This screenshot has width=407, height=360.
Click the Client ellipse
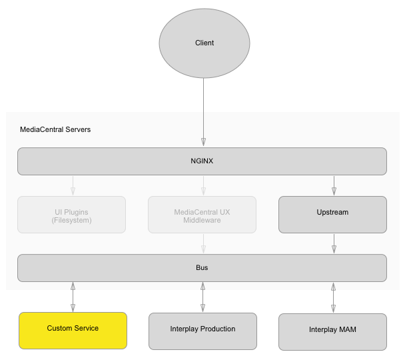click(204, 43)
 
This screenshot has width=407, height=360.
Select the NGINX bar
click(202, 161)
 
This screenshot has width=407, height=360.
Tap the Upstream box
click(332, 213)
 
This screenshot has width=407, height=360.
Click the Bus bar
click(202, 267)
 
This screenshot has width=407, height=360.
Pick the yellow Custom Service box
click(73, 329)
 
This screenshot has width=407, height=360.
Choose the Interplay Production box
click(202, 330)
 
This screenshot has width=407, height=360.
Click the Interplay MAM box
click(332, 331)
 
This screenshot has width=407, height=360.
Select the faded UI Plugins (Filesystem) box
click(73, 215)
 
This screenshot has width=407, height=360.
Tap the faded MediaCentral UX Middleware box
click(202, 215)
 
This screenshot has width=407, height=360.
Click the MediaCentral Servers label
click(55, 129)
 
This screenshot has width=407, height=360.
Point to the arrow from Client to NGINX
click(204, 110)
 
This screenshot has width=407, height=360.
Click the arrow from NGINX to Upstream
click(334, 185)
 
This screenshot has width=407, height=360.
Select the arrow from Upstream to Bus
click(334, 243)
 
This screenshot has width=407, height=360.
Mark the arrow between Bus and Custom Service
click(73, 297)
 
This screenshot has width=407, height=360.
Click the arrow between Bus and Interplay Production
click(202, 297)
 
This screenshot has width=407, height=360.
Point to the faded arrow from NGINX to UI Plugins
click(73, 185)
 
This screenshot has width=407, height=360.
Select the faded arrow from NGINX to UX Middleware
click(203, 185)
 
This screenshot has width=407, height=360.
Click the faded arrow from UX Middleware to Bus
click(203, 243)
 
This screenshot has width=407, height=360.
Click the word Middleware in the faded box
click(202, 220)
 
